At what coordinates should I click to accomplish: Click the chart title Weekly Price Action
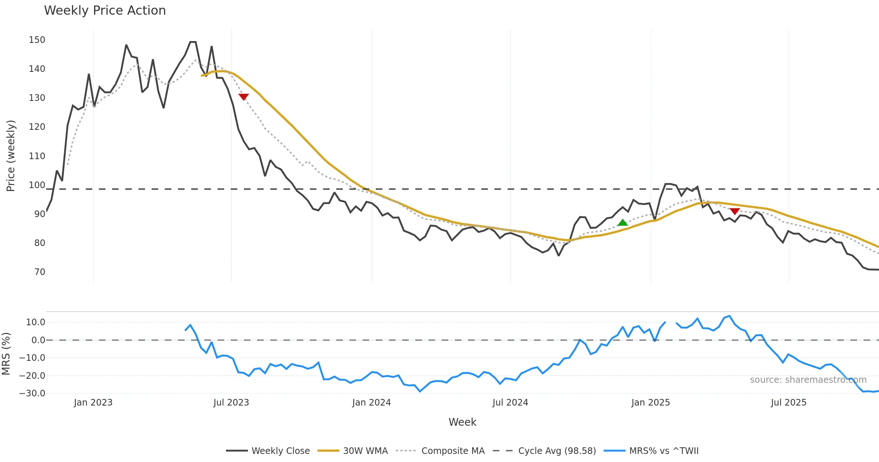[105, 11]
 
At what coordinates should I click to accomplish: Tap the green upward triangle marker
[623, 223]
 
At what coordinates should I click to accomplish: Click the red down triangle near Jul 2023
[244, 97]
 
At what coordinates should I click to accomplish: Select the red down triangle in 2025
[735, 211]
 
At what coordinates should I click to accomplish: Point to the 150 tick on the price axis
[37, 40]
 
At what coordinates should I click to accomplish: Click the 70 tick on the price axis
[40, 272]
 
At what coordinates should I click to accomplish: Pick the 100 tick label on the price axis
[37, 185]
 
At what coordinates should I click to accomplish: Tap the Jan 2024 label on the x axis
[371, 403]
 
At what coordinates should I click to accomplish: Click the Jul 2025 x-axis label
[789, 403]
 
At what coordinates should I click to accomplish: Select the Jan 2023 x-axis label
[93, 403]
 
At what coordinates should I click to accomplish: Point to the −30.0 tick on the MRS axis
[32, 393]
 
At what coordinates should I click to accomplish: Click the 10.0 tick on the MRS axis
[36, 322]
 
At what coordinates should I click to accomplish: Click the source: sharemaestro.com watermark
[808, 379]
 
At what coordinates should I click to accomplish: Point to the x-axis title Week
[462, 422]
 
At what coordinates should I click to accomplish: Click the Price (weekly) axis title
[11, 156]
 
